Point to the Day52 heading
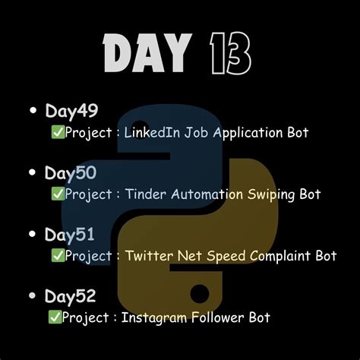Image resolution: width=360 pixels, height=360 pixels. pyautogui.click(x=71, y=297)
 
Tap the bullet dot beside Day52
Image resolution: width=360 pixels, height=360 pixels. pyautogui.click(x=33, y=297)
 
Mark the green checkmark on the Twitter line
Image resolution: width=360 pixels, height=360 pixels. pyautogui.click(x=56, y=256)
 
